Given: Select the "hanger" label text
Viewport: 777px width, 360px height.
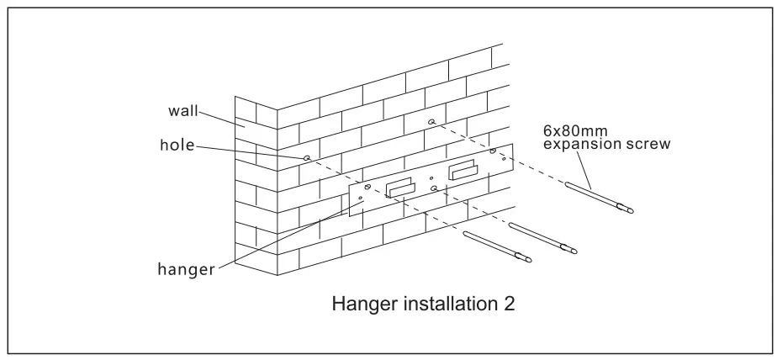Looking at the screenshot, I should (187, 270).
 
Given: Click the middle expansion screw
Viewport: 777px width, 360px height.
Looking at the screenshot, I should (543, 237).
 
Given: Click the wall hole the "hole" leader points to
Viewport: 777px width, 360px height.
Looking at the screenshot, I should (308, 157).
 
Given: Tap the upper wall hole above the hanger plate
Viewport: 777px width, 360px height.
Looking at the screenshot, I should (431, 123).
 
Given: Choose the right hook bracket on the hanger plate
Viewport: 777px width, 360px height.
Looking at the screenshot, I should (463, 171).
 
